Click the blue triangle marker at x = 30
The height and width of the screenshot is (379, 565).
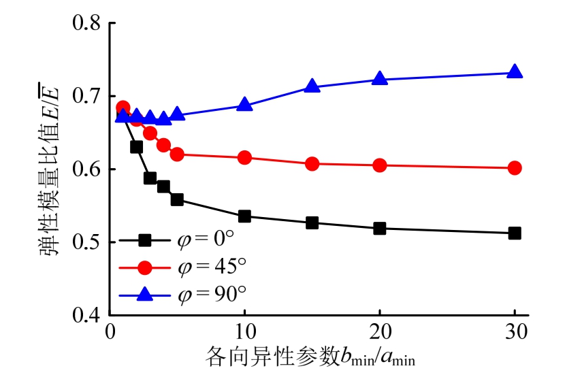pos(515,72)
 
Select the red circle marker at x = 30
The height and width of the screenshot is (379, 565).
pos(515,168)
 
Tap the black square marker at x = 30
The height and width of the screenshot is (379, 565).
pos(515,233)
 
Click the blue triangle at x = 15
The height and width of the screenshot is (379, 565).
pos(312,86)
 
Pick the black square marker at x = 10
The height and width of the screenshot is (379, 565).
pos(244,216)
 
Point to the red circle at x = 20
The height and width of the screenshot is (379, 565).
pos(380,165)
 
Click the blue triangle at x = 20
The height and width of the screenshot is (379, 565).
pos(380,79)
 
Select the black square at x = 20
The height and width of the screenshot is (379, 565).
pos(380,229)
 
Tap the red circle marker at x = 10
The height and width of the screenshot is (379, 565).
pos(244,158)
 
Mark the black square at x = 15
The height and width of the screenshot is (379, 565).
pos(312,223)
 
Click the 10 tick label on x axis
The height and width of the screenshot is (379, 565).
pos(244,333)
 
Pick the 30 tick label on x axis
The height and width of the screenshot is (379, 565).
pos(515,333)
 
